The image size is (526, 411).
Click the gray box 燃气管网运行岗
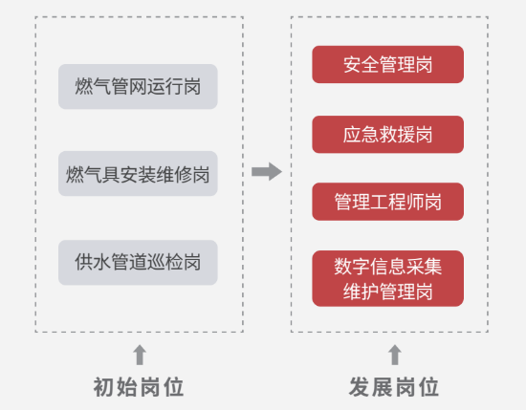point(138,86)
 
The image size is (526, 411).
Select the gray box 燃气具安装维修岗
point(138,174)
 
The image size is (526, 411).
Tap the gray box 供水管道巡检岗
point(138,263)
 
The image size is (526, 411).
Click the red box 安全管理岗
point(387,64)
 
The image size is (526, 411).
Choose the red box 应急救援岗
point(387,135)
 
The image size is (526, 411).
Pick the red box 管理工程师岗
point(387,202)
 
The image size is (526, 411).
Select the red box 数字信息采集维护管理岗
point(387,278)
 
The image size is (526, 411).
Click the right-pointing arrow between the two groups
point(267,172)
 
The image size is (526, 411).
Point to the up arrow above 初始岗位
point(140,355)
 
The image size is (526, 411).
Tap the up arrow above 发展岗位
point(395,355)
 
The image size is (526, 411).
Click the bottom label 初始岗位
point(139,387)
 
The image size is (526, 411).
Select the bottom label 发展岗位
point(394,387)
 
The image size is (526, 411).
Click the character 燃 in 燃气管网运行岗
point(84,86)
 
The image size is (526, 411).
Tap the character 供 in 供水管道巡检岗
point(84,262)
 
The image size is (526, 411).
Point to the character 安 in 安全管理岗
point(352,64)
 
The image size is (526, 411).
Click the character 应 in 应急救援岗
point(352,135)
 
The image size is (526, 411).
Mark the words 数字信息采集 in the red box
point(387,267)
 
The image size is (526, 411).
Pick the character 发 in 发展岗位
point(360,387)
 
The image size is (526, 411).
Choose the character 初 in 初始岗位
point(104,387)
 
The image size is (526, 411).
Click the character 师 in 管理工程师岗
point(415,202)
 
